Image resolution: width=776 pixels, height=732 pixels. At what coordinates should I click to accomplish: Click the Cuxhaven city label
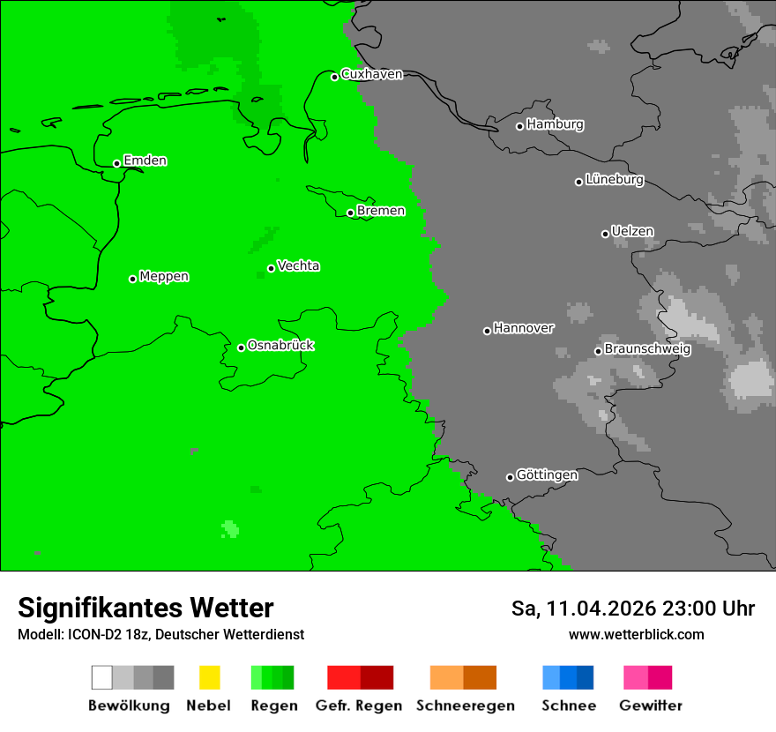coord(371,74)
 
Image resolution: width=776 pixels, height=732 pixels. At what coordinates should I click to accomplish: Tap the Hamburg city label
coord(555,124)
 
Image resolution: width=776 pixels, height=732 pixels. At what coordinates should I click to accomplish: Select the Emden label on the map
coord(145,161)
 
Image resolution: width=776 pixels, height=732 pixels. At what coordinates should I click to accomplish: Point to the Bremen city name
coord(381,211)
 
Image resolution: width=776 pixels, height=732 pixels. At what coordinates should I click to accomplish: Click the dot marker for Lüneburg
coord(579,182)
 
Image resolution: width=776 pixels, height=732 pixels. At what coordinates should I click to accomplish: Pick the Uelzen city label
coord(632,231)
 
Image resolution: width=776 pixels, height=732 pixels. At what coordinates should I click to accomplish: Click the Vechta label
coord(298,265)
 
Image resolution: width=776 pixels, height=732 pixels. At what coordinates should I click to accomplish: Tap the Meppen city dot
coord(133,279)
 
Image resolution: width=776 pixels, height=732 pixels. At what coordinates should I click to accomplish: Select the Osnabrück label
coord(280,345)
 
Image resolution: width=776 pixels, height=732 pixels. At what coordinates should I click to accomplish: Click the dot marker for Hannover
coord(487,331)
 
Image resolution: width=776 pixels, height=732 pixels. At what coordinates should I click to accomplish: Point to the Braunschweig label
coord(647,348)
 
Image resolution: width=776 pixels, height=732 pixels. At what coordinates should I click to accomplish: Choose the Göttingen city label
coord(547,474)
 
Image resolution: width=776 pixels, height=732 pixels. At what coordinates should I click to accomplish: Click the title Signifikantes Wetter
coord(145,608)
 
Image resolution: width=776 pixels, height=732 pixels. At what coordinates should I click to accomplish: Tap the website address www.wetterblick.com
coord(636,634)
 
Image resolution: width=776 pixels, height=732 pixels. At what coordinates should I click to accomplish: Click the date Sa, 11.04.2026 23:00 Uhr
coord(632,609)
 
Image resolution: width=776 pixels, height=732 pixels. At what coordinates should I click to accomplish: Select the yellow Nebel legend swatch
coord(209,677)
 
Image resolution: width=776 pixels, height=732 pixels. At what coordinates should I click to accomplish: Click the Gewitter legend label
coord(651,706)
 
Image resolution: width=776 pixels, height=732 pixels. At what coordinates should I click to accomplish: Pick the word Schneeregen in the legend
coord(465,706)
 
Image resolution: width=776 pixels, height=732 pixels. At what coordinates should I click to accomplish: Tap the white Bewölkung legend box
coord(101,677)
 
